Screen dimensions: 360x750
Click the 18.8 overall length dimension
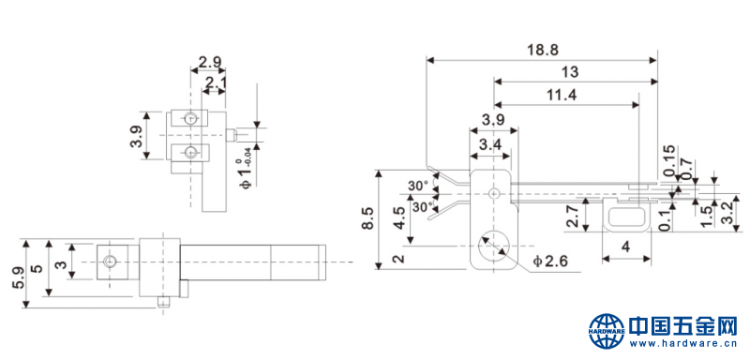point(541,50)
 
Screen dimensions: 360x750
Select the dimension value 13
point(569,71)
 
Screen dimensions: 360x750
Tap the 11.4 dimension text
point(562,94)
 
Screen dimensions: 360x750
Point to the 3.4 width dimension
point(488,144)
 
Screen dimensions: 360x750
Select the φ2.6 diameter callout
point(551,260)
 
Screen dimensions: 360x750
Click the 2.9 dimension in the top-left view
point(210,64)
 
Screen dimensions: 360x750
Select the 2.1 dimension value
point(215,83)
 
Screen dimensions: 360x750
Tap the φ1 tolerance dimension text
point(246,169)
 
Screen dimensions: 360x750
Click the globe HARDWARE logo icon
point(607,329)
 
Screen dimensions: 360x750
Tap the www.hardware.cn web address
point(683,345)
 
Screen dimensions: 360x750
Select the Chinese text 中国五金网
point(683,326)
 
